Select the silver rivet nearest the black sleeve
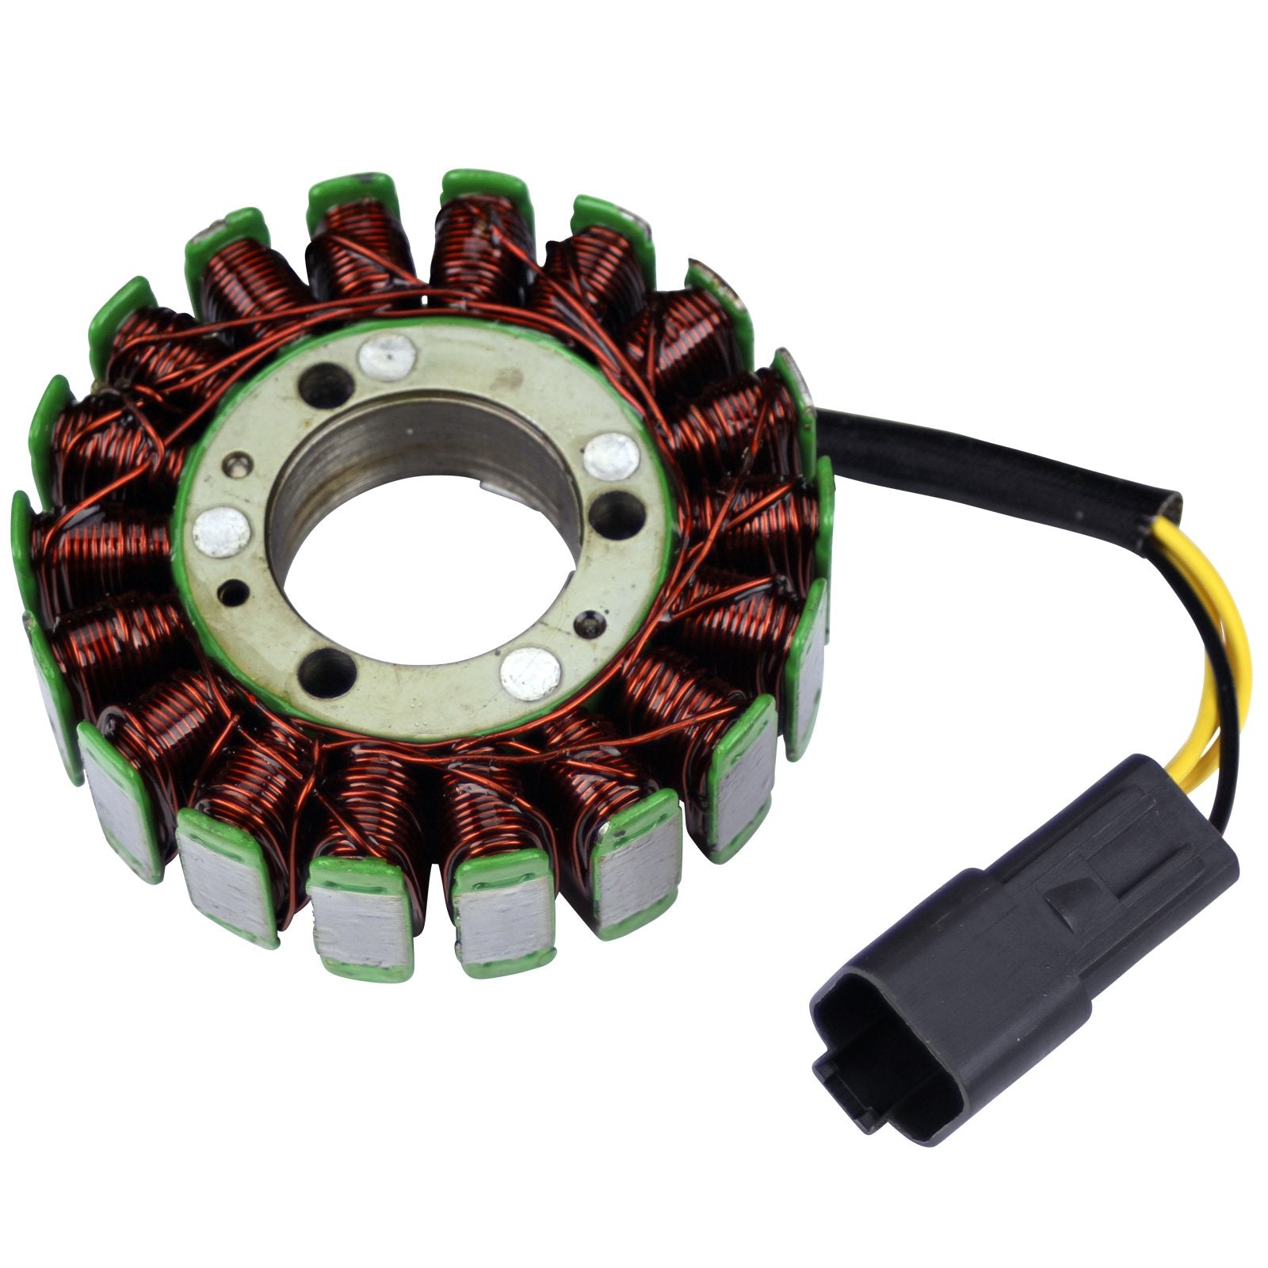click(x=611, y=457)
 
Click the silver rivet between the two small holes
click(x=222, y=532)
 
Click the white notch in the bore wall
click(x=497, y=477)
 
